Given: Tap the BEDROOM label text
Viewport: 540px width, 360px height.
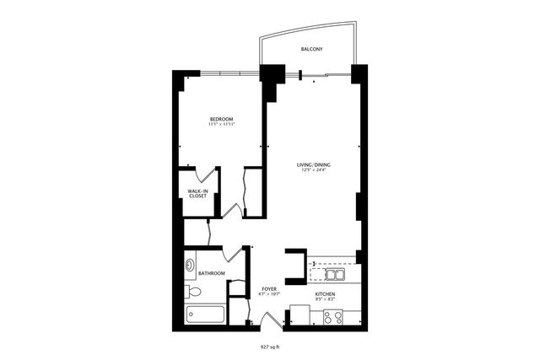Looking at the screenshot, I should [221, 119].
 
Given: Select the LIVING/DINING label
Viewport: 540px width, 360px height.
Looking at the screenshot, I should [312, 164].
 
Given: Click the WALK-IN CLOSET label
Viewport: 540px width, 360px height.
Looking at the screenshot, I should [197, 194].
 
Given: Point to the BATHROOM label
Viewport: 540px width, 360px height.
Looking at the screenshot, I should [211, 273].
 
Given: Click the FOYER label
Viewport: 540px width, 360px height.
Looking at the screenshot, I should [268, 289].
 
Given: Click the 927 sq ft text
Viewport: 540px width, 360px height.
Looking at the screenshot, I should [270, 346].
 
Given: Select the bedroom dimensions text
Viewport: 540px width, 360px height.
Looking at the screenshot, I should [221, 125].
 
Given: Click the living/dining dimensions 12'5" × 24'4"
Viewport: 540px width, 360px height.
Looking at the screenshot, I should [312, 170].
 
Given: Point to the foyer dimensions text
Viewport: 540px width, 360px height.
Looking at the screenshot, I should [268, 295].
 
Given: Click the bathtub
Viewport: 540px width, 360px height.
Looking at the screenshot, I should [205, 315].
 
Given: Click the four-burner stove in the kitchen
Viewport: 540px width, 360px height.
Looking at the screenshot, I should [332, 317].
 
